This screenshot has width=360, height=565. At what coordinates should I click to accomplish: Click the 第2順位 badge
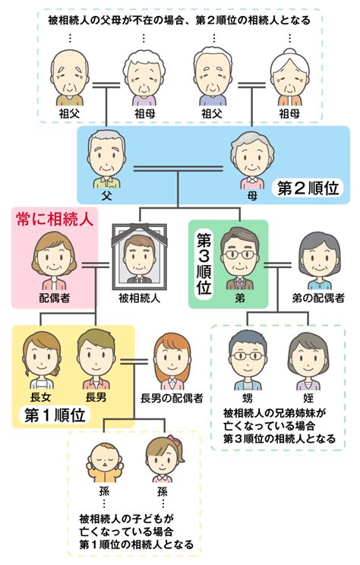coord(308,188)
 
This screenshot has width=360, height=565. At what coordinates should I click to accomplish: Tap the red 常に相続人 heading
coord(55,219)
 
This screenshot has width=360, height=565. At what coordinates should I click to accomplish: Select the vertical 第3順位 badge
coord(204,264)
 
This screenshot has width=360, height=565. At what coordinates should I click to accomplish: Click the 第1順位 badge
coord(55,415)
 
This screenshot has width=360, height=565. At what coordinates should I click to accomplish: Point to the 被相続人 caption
coord(140,298)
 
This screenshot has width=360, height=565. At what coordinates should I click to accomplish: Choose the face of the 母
coord(252,159)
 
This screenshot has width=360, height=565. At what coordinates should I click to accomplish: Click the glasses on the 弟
coord(240,254)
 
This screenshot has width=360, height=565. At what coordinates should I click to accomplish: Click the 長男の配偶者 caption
coord(172,399)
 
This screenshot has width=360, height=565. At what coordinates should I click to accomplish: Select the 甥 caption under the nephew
coord(247,398)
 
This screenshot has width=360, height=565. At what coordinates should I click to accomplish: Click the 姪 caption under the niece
coord(308,398)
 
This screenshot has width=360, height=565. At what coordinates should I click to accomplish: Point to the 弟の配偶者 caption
coord(318,298)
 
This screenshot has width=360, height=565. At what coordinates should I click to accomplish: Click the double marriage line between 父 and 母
coord(178,169)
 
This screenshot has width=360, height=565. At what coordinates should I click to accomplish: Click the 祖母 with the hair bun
coord(289,77)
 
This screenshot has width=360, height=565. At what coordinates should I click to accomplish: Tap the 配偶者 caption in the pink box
coord(55,298)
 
